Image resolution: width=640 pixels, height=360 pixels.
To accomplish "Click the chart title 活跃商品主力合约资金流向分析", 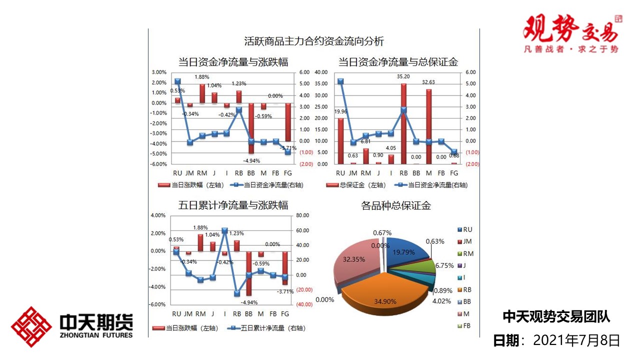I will click(x=314, y=41).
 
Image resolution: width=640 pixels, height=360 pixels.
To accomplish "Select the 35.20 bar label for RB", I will click(x=403, y=77).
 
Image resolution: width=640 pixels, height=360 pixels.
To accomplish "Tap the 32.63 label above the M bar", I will click(x=428, y=82).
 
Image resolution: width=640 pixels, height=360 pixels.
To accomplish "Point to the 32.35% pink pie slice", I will click(x=357, y=260).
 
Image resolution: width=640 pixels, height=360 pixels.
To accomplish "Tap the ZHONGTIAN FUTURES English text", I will click(x=96, y=334).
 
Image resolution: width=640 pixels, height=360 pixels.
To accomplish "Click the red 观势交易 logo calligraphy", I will click(x=570, y=30).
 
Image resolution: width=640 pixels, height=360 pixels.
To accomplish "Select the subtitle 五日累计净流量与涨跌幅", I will click(x=233, y=205).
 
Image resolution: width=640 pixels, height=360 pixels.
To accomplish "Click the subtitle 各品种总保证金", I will click(x=396, y=205).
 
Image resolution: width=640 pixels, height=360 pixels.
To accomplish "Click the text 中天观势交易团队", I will click(x=556, y=316).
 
